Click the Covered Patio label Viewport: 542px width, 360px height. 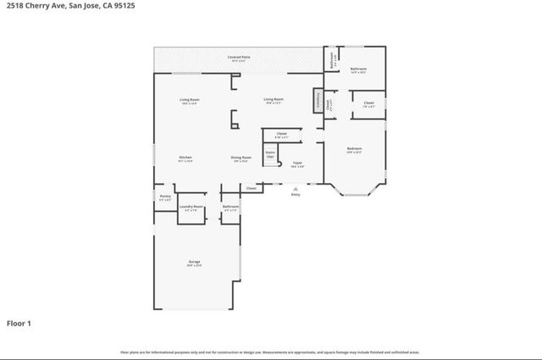[x=237, y=57]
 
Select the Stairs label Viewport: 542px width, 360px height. [x=270, y=153]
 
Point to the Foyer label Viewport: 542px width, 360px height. [x=298, y=162]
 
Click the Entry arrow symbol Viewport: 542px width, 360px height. [x=296, y=188]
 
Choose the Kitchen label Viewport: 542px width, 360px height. [x=185, y=158]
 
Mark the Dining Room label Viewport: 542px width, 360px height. [x=241, y=158]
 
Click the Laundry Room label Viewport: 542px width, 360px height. [x=191, y=206]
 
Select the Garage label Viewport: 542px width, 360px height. [x=194, y=263]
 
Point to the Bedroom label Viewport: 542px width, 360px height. [x=354, y=149]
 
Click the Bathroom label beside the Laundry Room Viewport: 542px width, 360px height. [x=230, y=206]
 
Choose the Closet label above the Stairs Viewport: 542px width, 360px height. [x=281, y=133]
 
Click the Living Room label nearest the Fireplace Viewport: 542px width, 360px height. [x=273, y=99]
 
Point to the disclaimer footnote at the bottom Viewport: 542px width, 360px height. [x=270, y=352]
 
